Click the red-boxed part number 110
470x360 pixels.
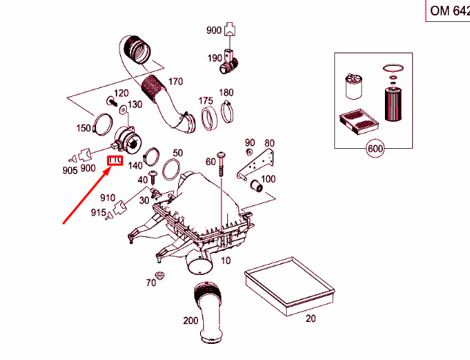point(115,161)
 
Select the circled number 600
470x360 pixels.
point(375,149)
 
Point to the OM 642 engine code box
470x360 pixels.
point(447,11)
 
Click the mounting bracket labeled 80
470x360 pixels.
point(273,161)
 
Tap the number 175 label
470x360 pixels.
point(206,100)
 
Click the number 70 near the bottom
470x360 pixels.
point(151,283)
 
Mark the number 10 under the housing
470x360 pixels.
point(225,261)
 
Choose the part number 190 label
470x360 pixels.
point(214,58)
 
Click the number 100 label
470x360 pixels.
point(268,180)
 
